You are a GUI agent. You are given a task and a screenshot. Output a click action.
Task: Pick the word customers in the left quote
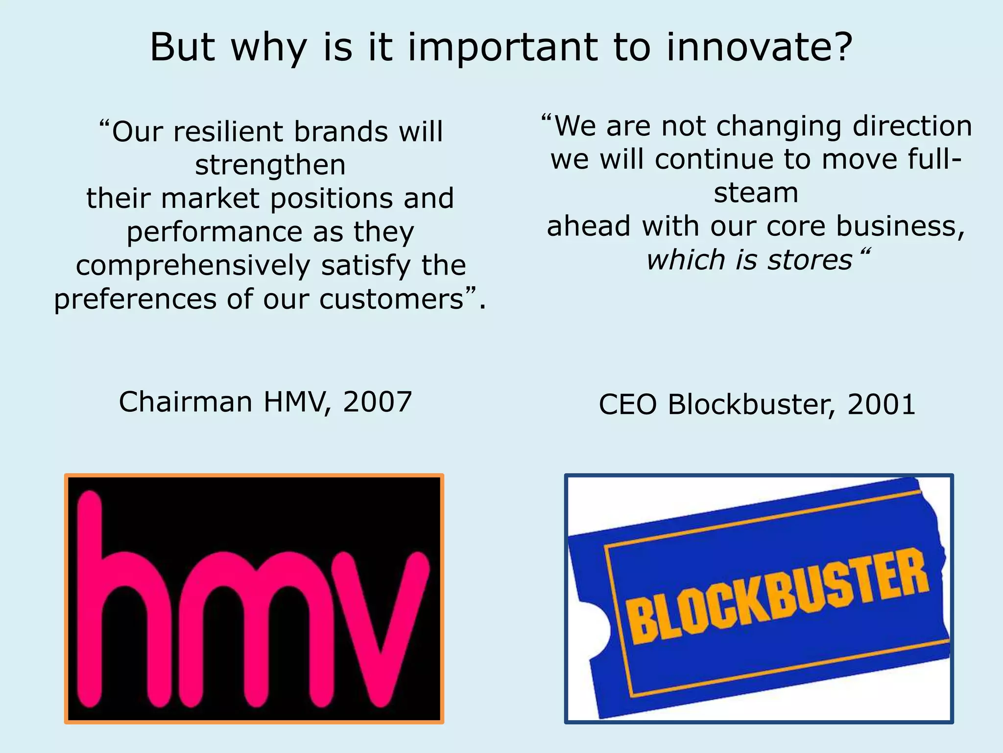tap(391, 299)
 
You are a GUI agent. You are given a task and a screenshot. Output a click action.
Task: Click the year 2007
tap(377, 402)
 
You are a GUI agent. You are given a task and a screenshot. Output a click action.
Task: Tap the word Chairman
tap(186, 402)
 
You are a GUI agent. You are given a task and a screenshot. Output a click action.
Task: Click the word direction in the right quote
tap(912, 126)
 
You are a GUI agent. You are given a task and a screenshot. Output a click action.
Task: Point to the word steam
tap(756, 193)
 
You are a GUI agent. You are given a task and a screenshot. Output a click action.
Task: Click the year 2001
tap(881, 405)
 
